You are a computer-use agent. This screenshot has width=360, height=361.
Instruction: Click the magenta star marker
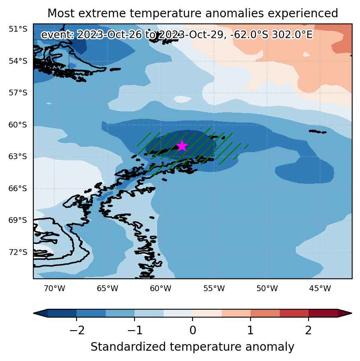182,146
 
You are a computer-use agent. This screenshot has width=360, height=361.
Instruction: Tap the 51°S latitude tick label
18,29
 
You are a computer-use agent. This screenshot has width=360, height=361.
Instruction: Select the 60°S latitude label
18,125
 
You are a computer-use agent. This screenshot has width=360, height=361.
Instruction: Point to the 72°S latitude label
18,252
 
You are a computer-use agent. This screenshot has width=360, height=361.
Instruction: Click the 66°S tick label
18,189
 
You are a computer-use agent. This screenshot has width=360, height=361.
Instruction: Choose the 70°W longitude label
55,288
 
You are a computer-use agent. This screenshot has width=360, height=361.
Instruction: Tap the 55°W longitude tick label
214,288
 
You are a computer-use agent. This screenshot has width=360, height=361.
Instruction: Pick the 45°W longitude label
320,288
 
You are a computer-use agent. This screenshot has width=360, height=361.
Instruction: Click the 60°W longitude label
161,288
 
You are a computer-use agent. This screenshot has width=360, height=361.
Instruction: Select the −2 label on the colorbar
77,331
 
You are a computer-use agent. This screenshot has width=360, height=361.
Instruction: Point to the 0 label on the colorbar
193,331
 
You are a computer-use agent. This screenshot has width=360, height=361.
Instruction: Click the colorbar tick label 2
309,331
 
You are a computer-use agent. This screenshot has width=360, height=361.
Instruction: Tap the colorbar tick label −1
135,331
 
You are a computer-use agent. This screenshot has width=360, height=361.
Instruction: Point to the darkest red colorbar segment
323,313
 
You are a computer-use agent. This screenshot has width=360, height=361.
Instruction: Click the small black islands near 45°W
318,132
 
